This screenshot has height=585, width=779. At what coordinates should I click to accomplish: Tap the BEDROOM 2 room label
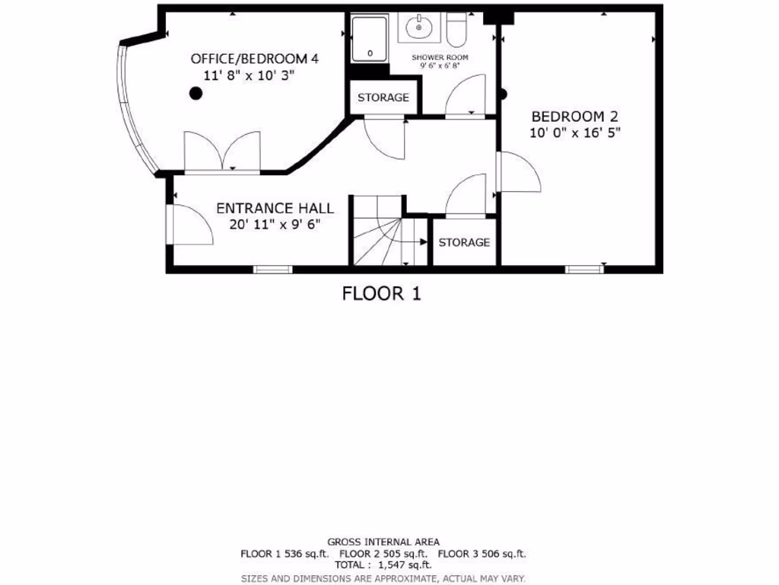(x=574, y=117)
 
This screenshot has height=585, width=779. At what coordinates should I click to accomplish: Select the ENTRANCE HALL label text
(x=275, y=208)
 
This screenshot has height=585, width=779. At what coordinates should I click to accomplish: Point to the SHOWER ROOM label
(x=440, y=57)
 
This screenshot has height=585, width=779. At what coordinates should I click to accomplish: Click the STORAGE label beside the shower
(x=383, y=97)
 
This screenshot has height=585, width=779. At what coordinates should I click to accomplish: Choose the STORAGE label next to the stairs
(x=464, y=242)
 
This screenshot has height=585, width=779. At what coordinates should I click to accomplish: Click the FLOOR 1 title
(x=381, y=293)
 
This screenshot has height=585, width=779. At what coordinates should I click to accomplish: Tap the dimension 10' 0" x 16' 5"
(x=574, y=133)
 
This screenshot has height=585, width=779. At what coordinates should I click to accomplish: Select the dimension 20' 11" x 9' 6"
(x=275, y=224)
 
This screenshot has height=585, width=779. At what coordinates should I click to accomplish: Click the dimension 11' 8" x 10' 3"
(x=249, y=75)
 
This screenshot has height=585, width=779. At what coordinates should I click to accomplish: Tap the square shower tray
(x=370, y=39)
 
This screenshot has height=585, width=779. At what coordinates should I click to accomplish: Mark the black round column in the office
(x=196, y=94)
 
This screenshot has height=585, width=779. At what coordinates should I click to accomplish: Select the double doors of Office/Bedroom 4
(x=222, y=152)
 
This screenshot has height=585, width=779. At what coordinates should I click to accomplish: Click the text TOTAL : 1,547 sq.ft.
(x=383, y=565)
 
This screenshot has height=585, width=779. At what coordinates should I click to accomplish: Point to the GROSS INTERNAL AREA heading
(x=383, y=542)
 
